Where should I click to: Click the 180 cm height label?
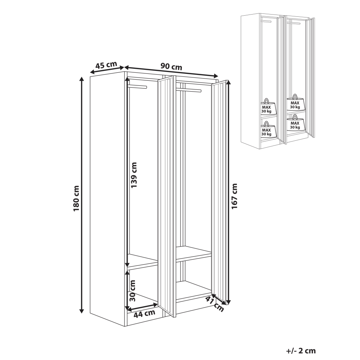click(76, 199)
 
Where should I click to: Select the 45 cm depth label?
click(106, 65)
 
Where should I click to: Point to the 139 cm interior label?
click(133, 175)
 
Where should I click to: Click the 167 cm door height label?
click(235, 196)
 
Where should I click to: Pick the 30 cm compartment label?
click(132, 291)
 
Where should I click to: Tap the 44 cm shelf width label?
click(144, 313)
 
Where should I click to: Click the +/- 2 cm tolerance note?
click(301, 351)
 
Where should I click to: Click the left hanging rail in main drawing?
click(137, 87)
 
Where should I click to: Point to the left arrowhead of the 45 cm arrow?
click(92, 72)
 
